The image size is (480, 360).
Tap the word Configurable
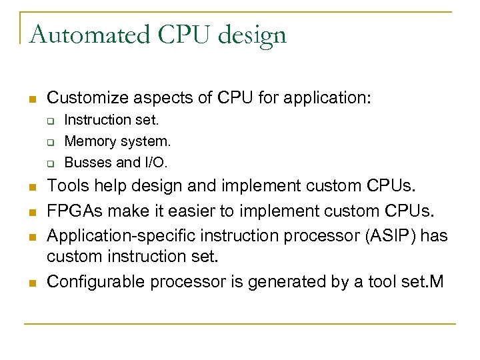point(95,281)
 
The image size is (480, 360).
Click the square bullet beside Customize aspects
point(31,99)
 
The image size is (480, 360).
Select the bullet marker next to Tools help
point(31,187)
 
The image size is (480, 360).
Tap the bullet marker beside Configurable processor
point(31,283)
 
